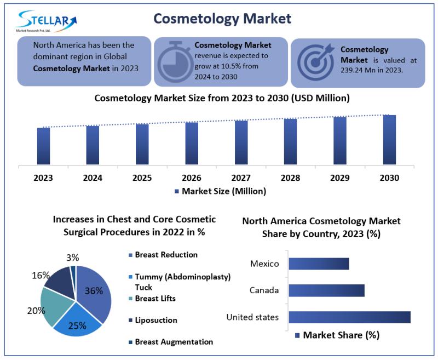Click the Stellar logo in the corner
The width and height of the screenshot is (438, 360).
point(47,21)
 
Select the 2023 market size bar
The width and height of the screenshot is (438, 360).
point(43,146)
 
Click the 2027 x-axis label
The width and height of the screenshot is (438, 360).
point(241,178)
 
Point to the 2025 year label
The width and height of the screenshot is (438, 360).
point(142,178)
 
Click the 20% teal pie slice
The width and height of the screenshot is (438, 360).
point(54,304)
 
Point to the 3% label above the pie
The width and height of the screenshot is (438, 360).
point(73,258)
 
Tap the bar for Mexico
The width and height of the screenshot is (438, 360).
point(319,264)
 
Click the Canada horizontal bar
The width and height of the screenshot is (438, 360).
point(326,290)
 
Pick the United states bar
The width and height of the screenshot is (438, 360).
point(349,317)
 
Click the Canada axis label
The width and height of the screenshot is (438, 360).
point(264,290)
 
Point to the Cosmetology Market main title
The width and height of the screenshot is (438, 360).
point(222,18)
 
